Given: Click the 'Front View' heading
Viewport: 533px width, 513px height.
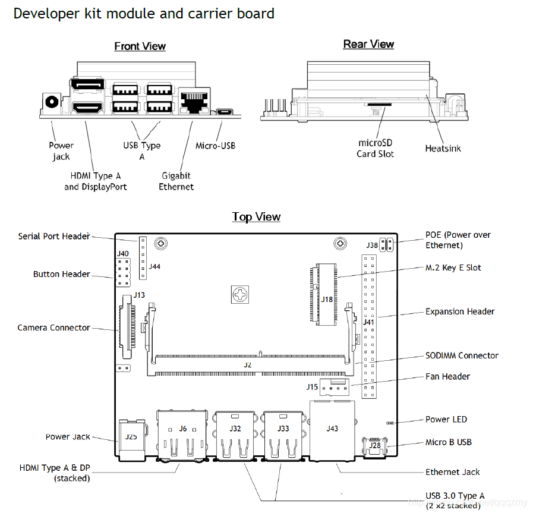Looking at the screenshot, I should click(140, 46).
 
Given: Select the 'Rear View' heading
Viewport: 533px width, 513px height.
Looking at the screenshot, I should click(368, 45).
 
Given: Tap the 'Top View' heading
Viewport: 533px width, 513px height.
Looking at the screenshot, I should click(256, 217).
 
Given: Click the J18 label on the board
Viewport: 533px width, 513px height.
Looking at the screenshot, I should click(327, 299).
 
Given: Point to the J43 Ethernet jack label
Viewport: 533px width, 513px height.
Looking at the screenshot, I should click(332, 428).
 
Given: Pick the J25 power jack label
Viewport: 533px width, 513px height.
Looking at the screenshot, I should click(131, 436).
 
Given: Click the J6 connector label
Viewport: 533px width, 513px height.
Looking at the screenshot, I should click(183, 429).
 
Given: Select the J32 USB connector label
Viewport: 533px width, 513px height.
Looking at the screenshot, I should click(235, 428).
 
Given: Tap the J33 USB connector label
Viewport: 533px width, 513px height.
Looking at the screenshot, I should click(283, 428).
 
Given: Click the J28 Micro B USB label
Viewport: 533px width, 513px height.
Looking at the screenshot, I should click(374, 445).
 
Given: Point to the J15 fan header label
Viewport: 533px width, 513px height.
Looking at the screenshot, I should click(312, 387).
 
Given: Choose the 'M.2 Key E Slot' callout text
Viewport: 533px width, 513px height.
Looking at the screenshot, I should click(453, 267).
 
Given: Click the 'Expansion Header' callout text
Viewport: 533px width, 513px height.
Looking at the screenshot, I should click(460, 311).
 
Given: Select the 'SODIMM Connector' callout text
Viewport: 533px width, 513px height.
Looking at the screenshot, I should click(462, 355).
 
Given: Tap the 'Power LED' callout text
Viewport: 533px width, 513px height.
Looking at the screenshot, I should click(446, 419).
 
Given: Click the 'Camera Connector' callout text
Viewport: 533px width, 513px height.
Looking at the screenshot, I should click(54, 328).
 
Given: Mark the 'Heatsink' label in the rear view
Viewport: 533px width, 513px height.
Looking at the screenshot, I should click(443, 149).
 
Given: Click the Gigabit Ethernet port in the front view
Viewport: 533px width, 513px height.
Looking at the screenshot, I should click(193, 102).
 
